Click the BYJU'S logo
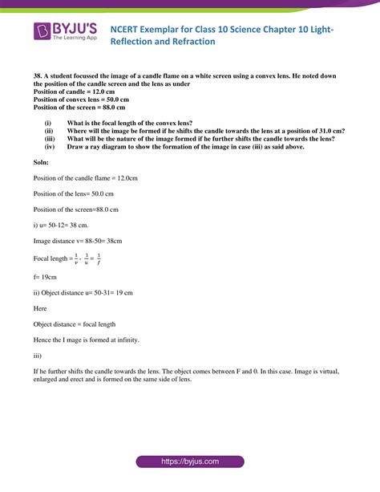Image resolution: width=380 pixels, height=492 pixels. tap(66, 31)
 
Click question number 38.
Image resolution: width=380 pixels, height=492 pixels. tap(38, 75)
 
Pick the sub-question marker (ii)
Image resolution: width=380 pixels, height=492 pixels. tap(49, 130)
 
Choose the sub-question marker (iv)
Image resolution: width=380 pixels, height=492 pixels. tap(49, 146)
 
